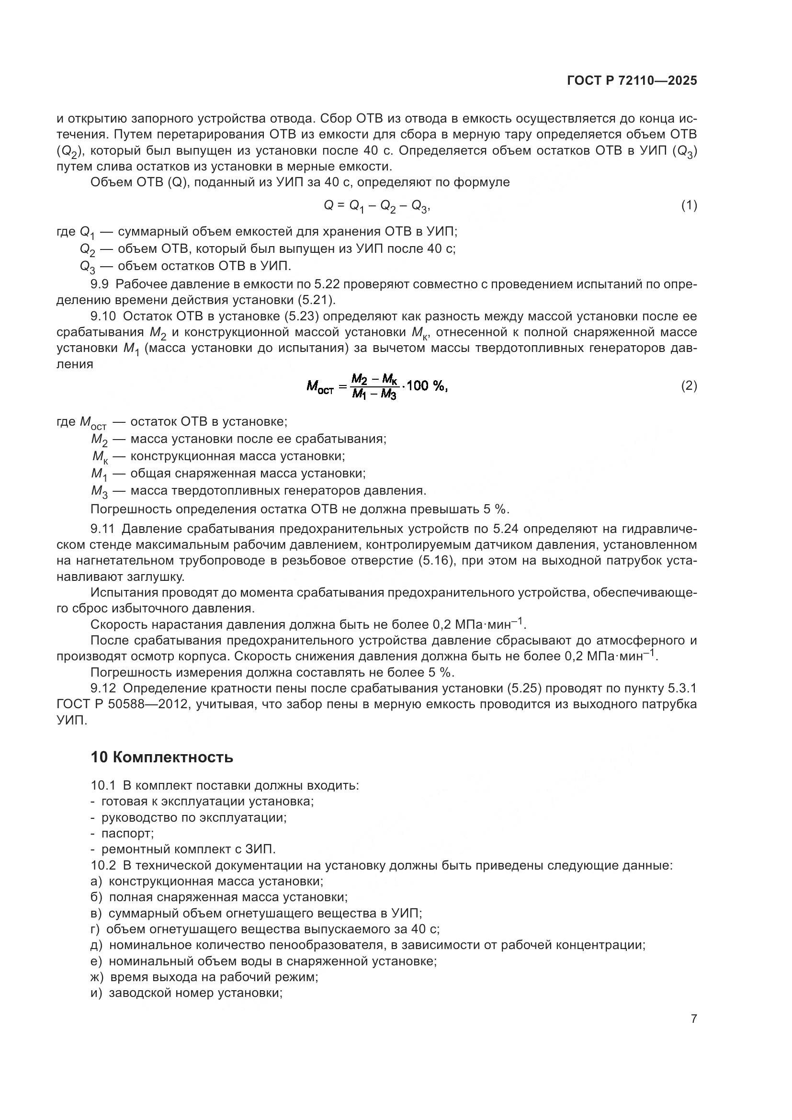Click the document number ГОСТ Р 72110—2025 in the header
click(x=632, y=80)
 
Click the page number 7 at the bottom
click(x=693, y=1018)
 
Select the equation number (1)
click(x=689, y=205)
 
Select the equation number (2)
click(x=689, y=386)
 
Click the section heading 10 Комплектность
click(x=162, y=758)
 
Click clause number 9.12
click(x=103, y=688)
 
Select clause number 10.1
click(x=103, y=785)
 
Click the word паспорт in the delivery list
click(x=127, y=833)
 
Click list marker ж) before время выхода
click(x=97, y=977)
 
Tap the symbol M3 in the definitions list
click(x=99, y=491)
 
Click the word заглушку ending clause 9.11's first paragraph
click(x=156, y=577)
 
